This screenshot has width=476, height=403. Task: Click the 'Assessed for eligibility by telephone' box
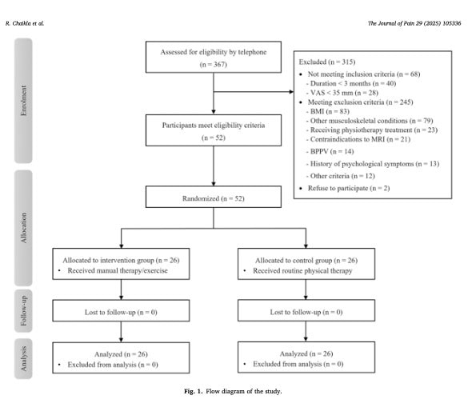(214, 57)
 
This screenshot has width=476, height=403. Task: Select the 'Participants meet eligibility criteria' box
(214, 130)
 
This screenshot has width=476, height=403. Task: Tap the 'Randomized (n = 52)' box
(214, 197)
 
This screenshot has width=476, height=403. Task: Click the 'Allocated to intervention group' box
(121, 264)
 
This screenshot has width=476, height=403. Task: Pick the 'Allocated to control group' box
(306, 264)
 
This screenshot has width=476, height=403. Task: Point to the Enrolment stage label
(23, 101)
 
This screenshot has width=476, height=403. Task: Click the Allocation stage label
(23, 228)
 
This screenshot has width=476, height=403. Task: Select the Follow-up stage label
(23, 311)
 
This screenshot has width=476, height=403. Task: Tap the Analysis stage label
(23, 359)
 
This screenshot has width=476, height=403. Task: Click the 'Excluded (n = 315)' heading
(327, 62)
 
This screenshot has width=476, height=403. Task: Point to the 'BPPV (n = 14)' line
(330, 151)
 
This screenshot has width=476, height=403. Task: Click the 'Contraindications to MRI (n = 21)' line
(358, 139)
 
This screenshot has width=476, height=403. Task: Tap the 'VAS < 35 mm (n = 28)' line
(342, 93)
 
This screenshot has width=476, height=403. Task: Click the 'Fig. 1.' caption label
(193, 391)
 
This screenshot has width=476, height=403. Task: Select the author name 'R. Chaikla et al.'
(25, 23)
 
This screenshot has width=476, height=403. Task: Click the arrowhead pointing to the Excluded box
(291, 92)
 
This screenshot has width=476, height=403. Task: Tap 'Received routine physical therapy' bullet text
(302, 271)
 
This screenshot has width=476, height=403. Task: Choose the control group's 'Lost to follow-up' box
(306, 310)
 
